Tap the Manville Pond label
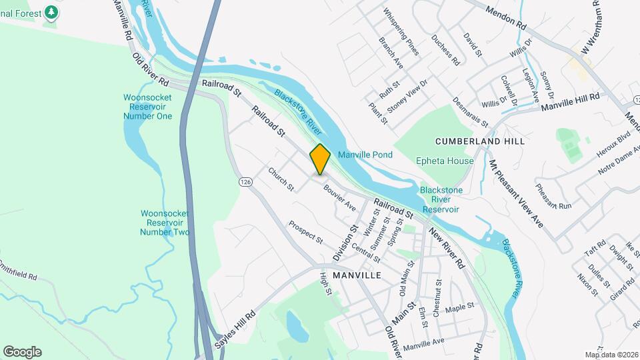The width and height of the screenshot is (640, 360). pos(365,155)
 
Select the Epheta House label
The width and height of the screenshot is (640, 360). pos(445,161)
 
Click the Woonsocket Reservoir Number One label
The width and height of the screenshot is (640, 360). pos(147,107)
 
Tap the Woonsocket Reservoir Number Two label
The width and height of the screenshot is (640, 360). pos(165,223)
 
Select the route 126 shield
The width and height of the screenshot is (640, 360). pos(245,181)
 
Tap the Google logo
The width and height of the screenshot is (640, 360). pos(22,352)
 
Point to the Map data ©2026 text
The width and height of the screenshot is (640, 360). pos(611,355)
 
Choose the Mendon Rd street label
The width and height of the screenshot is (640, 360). pos(506,17)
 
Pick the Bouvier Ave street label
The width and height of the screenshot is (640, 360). pos(340,198)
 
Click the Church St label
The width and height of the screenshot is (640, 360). pos(281,179)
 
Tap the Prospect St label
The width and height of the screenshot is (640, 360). pos(305,231)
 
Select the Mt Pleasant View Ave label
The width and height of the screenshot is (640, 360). pos(516,193)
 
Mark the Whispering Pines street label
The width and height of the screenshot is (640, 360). pos(401,31)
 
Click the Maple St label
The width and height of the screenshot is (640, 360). pos(459,307)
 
